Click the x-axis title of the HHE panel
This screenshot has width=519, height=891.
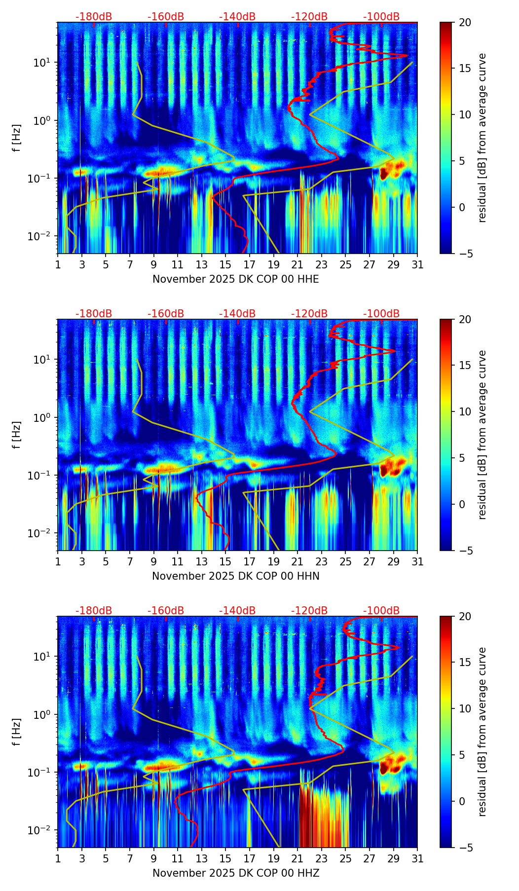pyautogui.click(x=235, y=279)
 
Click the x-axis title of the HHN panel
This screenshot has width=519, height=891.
pyautogui.click(x=235, y=576)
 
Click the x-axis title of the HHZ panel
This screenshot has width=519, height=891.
pyautogui.click(x=235, y=873)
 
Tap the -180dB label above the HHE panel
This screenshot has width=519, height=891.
pyautogui.click(x=94, y=17)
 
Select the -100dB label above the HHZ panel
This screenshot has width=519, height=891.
pyautogui.click(x=381, y=611)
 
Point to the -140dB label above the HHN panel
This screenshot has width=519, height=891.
pyautogui.click(x=237, y=314)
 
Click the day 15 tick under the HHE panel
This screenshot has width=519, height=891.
pyautogui.click(x=225, y=265)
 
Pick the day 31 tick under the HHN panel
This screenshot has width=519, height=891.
pyautogui.click(x=417, y=562)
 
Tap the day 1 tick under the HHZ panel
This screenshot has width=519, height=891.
pyautogui.click(x=58, y=859)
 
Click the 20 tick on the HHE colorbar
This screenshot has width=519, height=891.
pyautogui.click(x=465, y=23)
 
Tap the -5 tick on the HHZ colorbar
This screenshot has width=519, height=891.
pyautogui.click(x=465, y=848)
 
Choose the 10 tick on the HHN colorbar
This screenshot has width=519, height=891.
pyautogui.click(x=465, y=411)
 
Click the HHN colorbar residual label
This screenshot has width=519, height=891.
pyautogui.click(x=482, y=435)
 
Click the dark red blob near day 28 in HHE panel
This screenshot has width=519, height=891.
pyautogui.click(x=384, y=173)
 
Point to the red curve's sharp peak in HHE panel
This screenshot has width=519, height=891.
pyautogui.click(x=406, y=56)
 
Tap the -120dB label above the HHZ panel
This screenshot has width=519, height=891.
pyautogui.click(x=309, y=611)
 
